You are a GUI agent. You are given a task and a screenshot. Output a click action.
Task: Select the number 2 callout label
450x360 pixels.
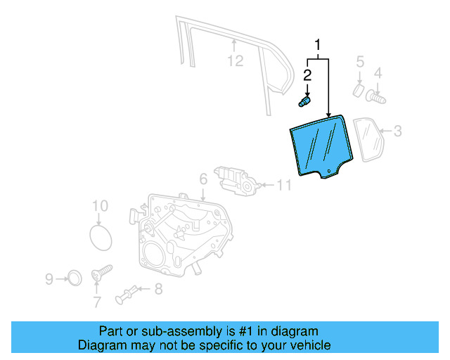[307, 75]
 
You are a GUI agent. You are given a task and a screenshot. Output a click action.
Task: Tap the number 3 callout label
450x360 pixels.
[397, 131]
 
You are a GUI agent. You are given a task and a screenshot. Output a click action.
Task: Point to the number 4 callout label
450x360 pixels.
[378, 73]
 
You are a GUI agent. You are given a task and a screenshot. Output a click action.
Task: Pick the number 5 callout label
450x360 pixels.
[359, 62]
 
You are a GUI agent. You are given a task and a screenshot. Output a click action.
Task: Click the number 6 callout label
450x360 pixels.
[202, 179]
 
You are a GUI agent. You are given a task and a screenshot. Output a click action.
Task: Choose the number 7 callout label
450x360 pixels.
[97, 302]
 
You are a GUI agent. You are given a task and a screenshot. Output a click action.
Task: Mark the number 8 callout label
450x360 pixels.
[158, 288]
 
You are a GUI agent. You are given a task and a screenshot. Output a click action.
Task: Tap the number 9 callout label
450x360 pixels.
[49, 279]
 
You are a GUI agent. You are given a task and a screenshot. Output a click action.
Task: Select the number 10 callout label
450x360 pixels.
[101, 206]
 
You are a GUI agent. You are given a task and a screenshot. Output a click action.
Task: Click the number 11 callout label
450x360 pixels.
[283, 186]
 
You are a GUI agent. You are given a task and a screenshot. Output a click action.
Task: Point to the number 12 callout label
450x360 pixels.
[235, 61]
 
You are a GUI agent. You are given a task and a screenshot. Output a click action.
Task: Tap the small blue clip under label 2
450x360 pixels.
[305, 102]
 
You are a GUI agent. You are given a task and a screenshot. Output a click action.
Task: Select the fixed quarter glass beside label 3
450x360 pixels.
[368, 139]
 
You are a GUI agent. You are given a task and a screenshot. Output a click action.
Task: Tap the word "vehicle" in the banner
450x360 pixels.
[308, 345]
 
